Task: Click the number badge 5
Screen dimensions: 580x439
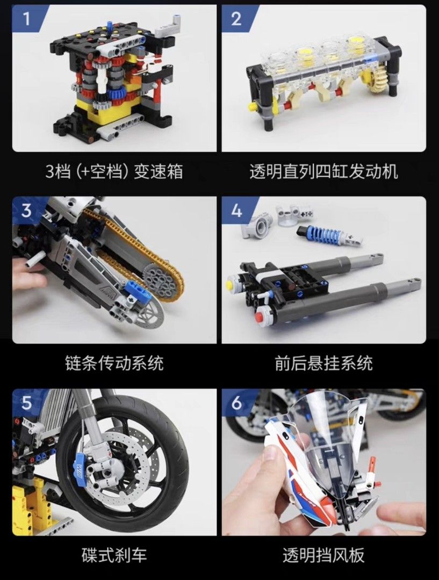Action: [25, 402]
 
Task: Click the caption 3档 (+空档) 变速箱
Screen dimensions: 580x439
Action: [114, 171]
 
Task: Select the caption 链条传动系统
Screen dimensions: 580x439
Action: [114, 364]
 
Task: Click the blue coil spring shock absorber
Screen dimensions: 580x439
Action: [320, 235]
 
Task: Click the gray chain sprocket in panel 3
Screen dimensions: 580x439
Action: [161, 280]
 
